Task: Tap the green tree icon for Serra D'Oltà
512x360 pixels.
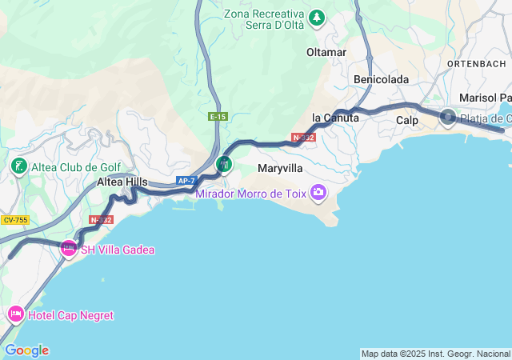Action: [318, 16]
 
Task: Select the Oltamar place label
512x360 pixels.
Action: [326, 52]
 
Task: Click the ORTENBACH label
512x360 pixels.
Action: [477, 63]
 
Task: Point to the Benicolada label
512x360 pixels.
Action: [382, 79]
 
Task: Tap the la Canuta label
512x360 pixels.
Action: [335, 118]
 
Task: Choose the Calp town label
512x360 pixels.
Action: [407, 120]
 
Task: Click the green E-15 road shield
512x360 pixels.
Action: [218, 117]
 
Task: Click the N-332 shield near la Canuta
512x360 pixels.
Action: [304, 138]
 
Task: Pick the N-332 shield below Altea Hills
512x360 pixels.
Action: [102, 219]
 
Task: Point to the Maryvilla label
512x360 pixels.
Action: [280, 169]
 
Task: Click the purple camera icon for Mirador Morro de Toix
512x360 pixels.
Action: [318, 191]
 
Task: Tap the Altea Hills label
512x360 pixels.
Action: [122, 182]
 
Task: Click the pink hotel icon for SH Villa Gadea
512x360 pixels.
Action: [69, 250]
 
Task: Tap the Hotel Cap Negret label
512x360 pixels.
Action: [70, 315]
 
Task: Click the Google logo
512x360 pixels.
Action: [26, 350]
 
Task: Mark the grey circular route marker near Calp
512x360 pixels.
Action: [447, 118]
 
